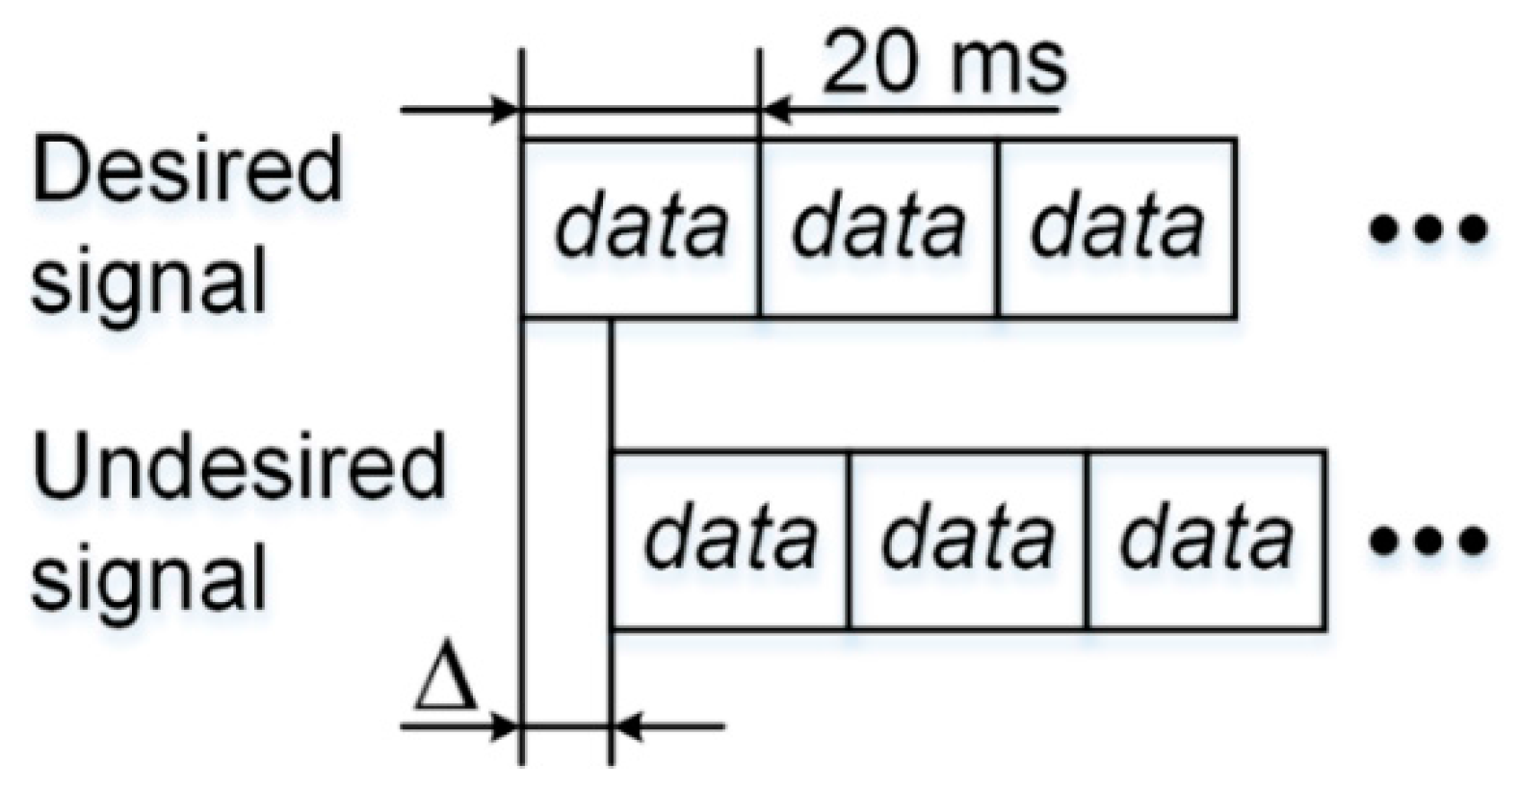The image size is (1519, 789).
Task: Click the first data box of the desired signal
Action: (640, 228)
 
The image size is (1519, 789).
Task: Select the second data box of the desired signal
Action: (877, 228)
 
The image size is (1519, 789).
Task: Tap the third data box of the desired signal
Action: (1116, 228)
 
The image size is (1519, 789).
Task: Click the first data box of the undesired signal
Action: (729, 539)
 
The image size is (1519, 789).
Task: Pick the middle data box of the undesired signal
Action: (967, 539)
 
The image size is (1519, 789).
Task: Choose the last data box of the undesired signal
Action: (1206, 539)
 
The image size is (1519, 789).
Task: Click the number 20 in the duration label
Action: (870, 64)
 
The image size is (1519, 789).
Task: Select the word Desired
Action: (188, 169)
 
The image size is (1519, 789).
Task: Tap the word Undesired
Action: (239, 468)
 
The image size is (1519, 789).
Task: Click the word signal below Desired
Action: (149, 282)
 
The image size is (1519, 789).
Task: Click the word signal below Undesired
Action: (149, 578)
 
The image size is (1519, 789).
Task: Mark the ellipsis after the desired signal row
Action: (1428, 229)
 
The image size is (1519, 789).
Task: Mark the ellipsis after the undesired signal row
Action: (1428, 541)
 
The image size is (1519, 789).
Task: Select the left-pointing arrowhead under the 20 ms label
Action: (775, 110)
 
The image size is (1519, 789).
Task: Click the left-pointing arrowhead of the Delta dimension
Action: (626, 725)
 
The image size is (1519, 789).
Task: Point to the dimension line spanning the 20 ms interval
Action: (641, 110)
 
